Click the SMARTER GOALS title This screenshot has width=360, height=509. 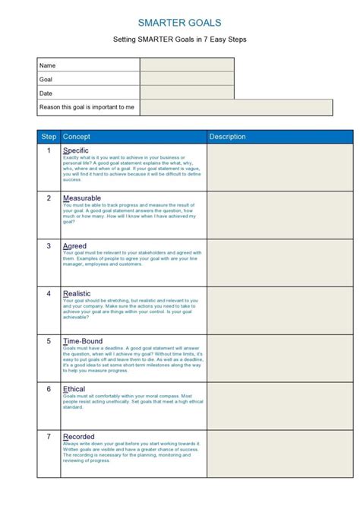(x=180, y=23)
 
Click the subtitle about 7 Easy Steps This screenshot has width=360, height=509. (x=180, y=40)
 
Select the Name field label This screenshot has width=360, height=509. (x=48, y=65)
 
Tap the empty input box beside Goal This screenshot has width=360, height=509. (x=187, y=79)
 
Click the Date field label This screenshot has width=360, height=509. (x=47, y=93)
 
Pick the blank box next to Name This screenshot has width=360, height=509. (x=187, y=65)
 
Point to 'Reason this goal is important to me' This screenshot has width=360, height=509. (x=87, y=107)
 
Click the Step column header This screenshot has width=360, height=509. (x=49, y=137)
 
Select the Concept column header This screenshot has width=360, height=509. (x=77, y=137)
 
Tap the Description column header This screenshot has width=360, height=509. (x=228, y=137)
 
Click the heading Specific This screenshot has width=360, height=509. (x=77, y=150)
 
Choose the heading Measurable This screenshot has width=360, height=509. (x=82, y=198)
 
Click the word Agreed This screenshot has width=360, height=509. (x=74, y=246)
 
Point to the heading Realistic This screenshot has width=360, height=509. (x=78, y=293)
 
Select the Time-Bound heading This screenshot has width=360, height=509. (x=83, y=341)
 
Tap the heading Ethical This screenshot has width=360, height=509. (x=74, y=389)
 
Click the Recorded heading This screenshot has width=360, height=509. (x=79, y=437)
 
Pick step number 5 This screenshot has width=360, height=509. (x=49, y=341)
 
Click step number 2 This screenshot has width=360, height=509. (x=49, y=198)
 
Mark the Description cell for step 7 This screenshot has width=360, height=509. (x=280, y=459)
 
